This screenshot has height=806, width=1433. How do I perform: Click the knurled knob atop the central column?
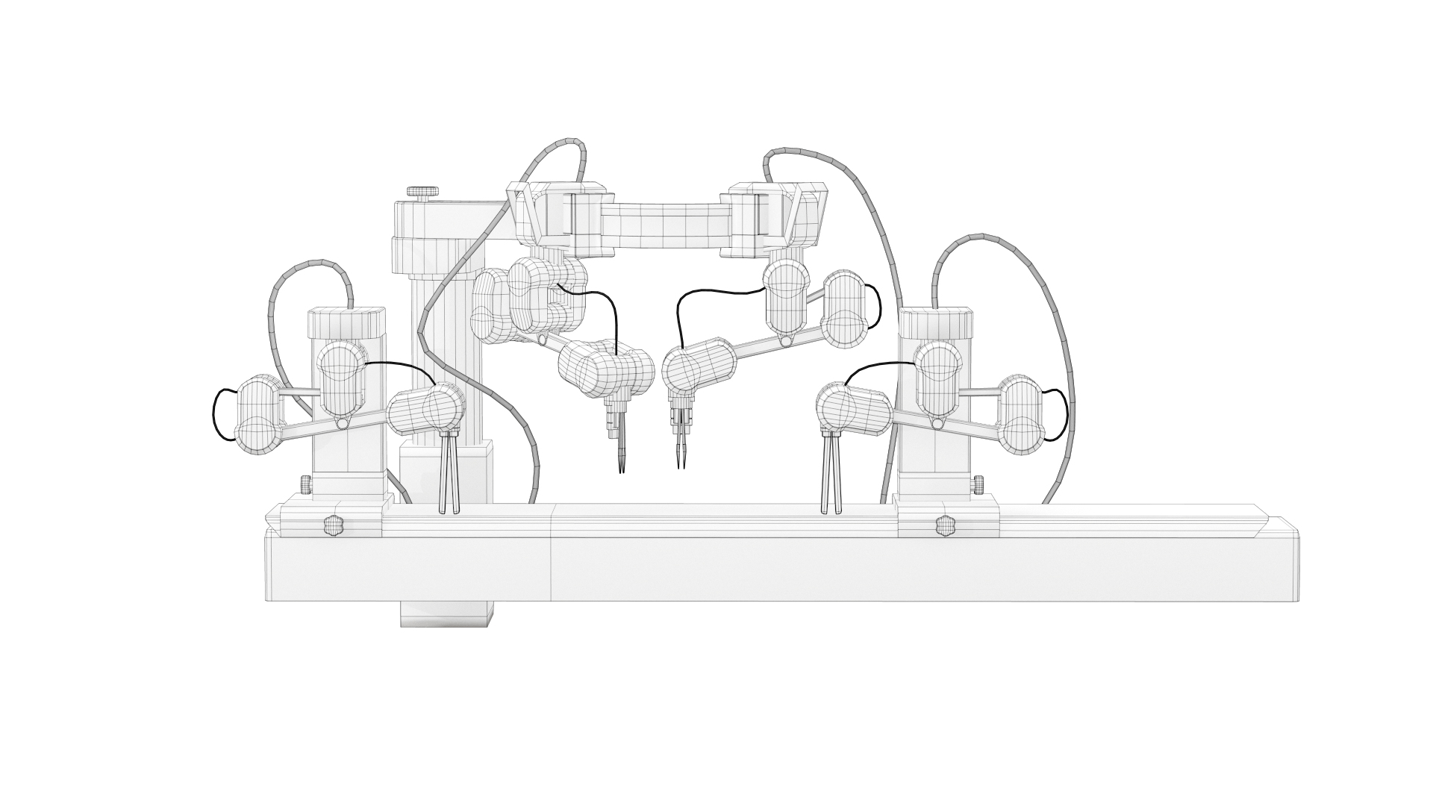pos(422,193)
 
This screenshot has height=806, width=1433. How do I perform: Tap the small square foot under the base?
pos(447,613)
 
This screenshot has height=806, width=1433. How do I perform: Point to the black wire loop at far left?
pos(216,416)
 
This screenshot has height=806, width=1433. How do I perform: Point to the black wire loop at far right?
pos(1064,414)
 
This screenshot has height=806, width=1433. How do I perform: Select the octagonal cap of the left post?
pos(348,323)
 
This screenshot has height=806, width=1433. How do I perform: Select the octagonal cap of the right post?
pos(937,322)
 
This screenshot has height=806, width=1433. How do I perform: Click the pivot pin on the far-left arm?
pos(342,424)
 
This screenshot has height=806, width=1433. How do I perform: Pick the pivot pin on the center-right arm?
pos(784,341)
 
